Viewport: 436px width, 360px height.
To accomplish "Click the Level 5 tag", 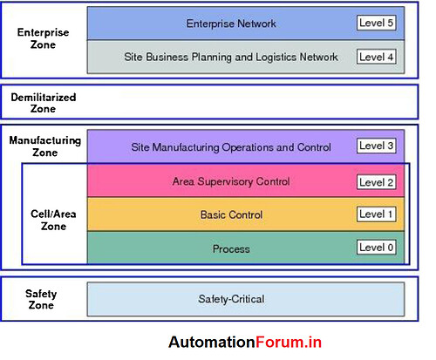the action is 377,23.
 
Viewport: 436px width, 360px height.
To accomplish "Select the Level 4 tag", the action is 377,57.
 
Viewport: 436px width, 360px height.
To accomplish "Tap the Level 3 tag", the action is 377,146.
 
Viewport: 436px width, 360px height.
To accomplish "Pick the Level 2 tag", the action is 377,182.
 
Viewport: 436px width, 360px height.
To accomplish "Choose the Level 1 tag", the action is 377,214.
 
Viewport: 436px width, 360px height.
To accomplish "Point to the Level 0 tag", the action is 377,248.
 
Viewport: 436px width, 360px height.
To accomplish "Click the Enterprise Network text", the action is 231,24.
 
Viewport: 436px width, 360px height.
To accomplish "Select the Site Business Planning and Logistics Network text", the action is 231,57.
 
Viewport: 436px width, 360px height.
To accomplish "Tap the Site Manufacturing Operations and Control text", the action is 231,147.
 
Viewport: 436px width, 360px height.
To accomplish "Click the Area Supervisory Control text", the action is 231,181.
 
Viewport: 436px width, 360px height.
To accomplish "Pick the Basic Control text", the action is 231,215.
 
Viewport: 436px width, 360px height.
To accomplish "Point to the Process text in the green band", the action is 231,249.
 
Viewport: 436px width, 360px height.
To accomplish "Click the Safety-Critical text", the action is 231,299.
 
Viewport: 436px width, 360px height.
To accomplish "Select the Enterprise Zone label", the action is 43,38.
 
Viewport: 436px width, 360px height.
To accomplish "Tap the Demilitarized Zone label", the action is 44,103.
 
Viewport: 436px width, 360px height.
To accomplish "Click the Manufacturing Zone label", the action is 45,146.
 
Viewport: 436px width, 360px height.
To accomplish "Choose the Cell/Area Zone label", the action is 53,220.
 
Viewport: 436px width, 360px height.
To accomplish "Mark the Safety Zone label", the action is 41,299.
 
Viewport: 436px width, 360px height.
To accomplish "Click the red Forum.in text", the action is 289,342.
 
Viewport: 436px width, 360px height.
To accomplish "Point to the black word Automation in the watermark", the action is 212,342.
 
